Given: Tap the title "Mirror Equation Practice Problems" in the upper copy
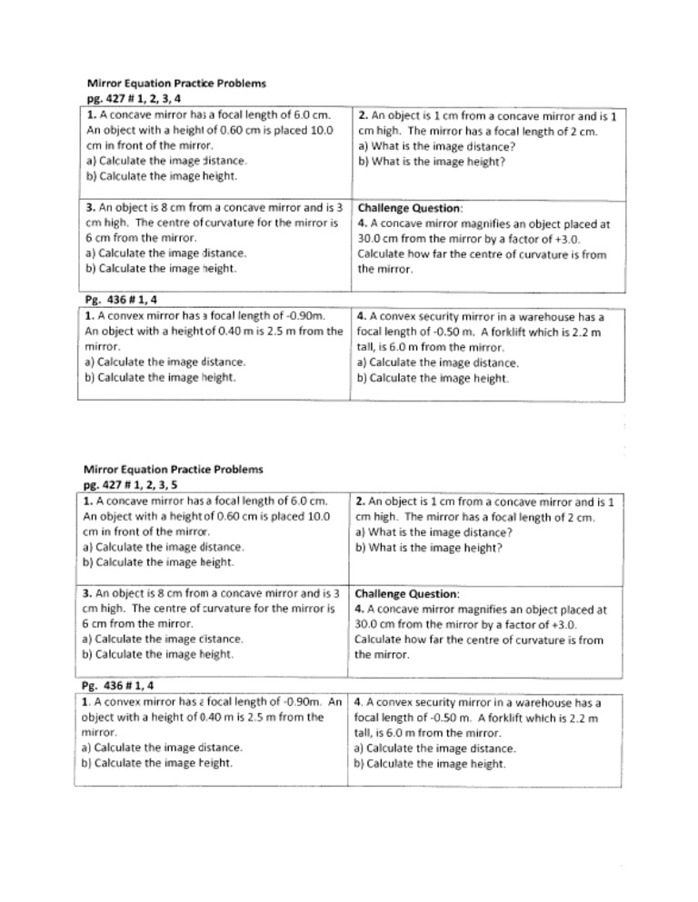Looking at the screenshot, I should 176,84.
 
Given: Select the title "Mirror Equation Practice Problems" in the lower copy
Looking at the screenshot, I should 173,470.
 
